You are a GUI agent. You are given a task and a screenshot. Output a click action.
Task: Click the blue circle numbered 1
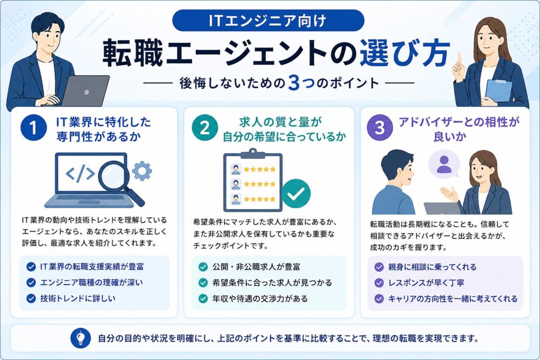(33, 128)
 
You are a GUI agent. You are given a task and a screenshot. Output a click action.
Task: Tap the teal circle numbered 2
(205, 128)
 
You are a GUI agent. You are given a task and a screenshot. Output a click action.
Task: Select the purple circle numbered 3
(380, 128)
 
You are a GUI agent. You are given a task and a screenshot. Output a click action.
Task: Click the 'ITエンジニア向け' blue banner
(268, 21)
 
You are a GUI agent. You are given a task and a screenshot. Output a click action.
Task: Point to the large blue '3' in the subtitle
(294, 83)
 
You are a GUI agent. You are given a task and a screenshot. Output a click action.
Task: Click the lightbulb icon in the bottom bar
(81, 338)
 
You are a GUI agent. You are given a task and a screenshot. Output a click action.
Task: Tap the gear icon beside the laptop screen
(142, 171)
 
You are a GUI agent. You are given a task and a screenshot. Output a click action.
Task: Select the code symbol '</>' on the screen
(80, 173)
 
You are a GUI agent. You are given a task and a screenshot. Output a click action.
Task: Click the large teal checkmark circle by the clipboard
(296, 193)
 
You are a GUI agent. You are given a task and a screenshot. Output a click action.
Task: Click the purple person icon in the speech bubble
(444, 164)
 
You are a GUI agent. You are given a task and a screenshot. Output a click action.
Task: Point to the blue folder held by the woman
(498, 91)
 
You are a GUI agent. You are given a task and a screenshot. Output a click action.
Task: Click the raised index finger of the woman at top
(459, 59)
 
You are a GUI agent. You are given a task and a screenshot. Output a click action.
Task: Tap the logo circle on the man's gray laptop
(87, 92)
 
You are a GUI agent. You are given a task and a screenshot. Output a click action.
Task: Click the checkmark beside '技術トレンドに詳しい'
(31, 298)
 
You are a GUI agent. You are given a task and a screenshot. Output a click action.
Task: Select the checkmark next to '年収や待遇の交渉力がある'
(203, 298)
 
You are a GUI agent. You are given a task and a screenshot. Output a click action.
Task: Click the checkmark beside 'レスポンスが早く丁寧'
(379, 283)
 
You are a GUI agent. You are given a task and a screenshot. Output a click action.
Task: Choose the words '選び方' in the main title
(405, 54)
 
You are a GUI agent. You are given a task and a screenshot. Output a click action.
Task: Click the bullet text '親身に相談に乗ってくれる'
(432, 267)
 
